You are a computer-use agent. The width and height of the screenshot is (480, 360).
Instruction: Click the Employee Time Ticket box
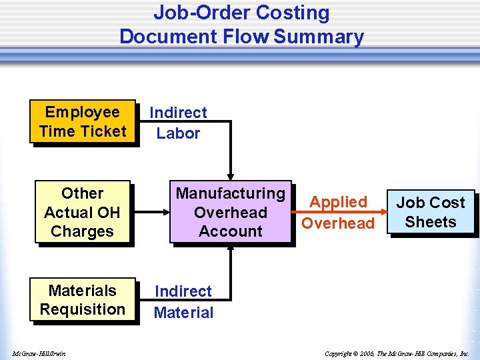(x=83, y=121)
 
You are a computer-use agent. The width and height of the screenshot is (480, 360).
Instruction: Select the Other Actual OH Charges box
(x=83, y=213)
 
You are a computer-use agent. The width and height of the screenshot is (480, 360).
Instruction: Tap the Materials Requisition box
(x=83, y=300)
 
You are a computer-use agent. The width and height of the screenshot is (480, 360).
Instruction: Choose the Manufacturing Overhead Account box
(x=231, y=212)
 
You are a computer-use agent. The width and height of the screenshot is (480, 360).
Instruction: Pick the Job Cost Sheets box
(x=431, y=212)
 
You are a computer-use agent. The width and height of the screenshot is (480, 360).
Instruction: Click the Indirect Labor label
(x=178, y=123)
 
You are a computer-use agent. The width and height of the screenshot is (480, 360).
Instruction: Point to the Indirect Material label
(x=183, y=301)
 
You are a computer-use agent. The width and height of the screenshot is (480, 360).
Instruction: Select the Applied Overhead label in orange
(x=338, y=212)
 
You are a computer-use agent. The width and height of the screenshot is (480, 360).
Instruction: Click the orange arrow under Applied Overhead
(x=339, y=213)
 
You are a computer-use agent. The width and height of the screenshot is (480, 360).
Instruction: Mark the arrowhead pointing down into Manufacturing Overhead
(x=231, y=176)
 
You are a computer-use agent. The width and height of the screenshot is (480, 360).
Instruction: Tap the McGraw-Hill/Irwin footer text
(x=38, y=353)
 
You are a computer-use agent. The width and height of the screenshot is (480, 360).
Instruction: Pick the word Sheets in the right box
(x=431, y=222)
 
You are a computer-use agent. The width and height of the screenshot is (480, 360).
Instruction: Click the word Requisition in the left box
(x=83, y=309)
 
